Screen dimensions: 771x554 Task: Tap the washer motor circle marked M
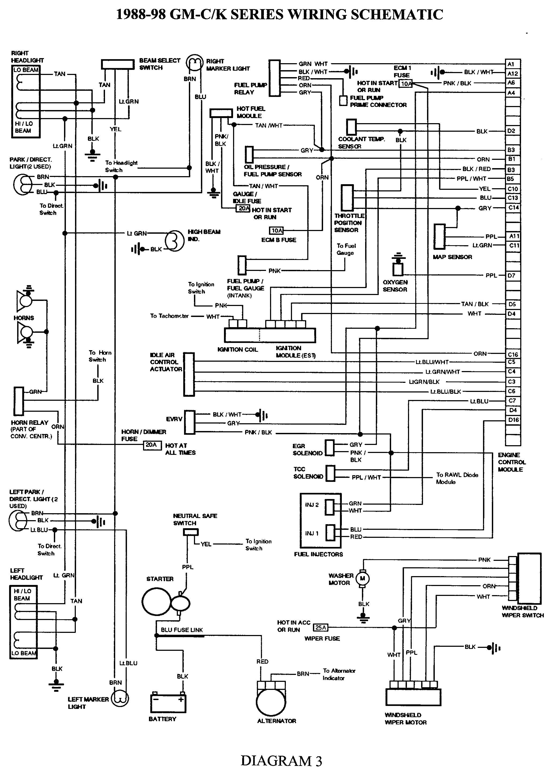[362, 579]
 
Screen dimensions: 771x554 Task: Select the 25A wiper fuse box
[321, 628]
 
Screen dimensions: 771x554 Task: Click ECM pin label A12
[512, 73]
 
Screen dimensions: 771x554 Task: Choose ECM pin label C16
[512, 354]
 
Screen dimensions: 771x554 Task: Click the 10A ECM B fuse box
[277, 231]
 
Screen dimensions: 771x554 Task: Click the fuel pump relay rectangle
[274, 78]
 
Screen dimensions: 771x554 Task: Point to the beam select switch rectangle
[118, 64]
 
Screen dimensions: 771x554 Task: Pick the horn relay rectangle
[19, 401]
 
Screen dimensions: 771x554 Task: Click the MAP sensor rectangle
[439, 237]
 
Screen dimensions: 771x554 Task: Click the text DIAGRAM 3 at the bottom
[281, 761]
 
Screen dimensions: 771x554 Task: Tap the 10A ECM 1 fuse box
[406, 84]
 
